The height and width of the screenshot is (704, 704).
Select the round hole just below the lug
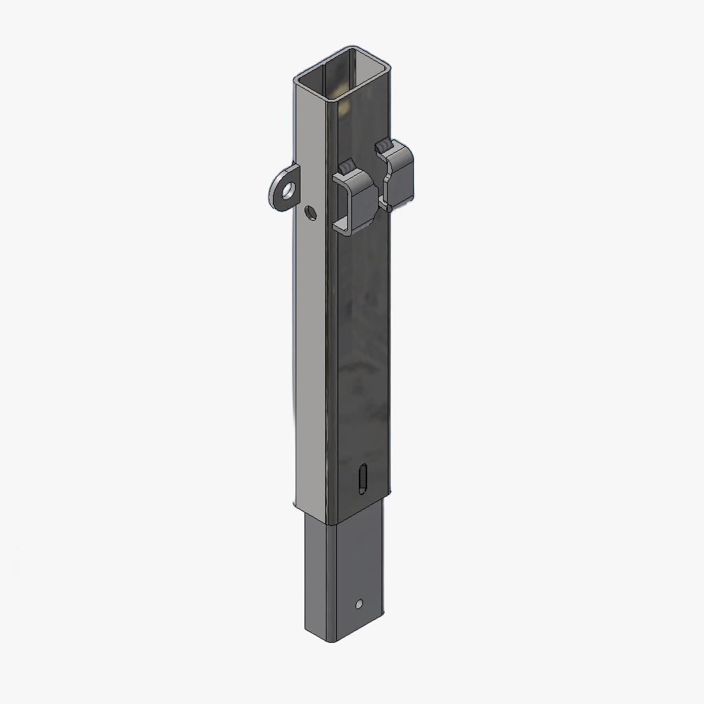click(x=310, y=213)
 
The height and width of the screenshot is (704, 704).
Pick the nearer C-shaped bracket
click(x=355, y=199)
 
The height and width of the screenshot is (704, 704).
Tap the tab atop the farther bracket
click(x=383, y=145)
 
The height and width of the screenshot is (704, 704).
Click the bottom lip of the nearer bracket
click(x=344, y=225)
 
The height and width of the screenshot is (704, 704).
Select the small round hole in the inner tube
click(x=359, y=604)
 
